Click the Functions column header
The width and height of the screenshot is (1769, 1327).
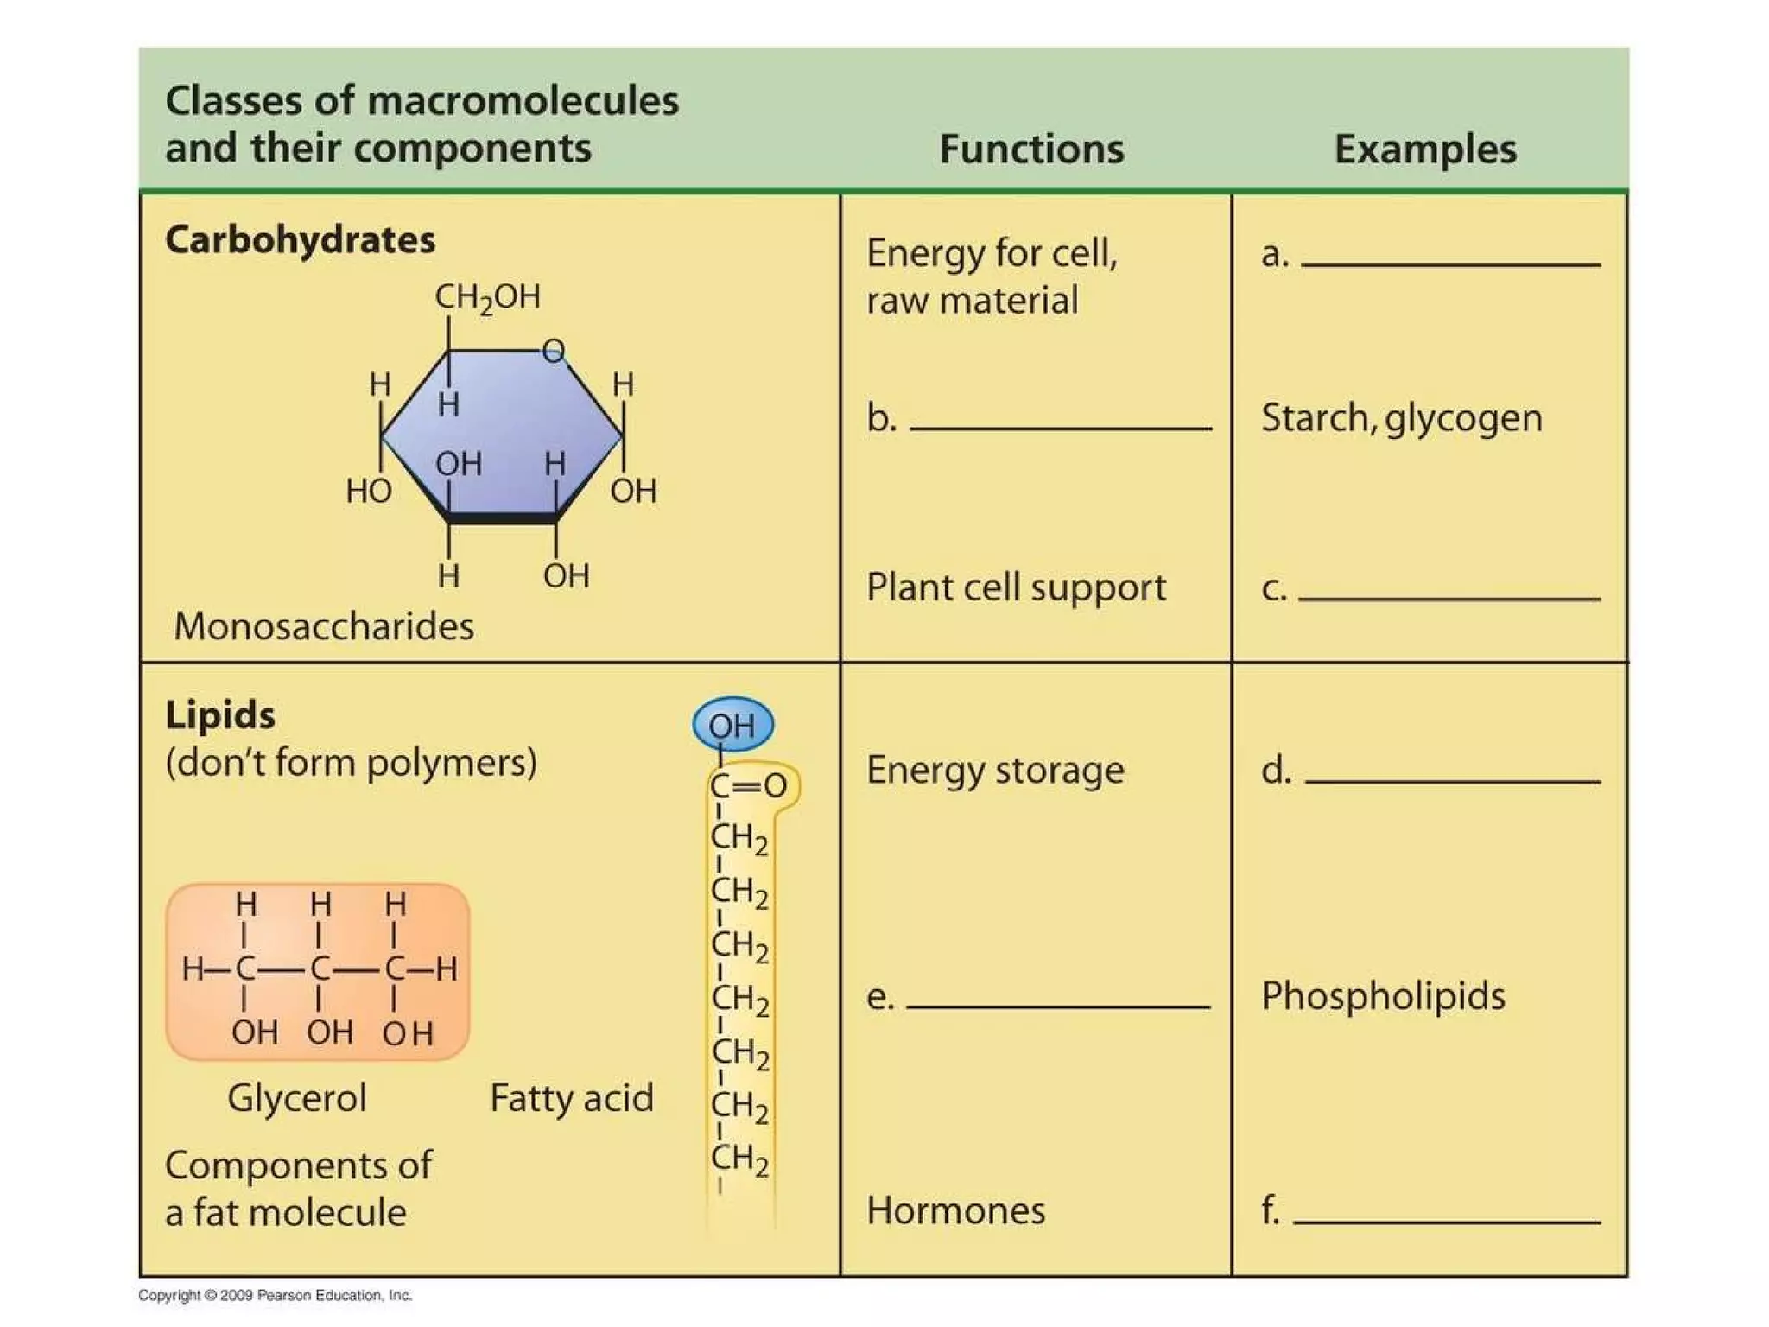pyautogui.click(x=1031, y=149)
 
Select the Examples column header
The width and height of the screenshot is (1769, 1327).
pyautogui.click(x=1425, y=149)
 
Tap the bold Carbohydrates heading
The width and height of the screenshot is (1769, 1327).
pyautogui.click(x=300, y=240)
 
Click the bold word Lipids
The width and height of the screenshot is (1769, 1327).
pyautogui.click(x=220, y=715)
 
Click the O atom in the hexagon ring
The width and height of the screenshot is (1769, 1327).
pyautogui.click(x=554, y=351)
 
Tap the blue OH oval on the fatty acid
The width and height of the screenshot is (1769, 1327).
pyautogui.click(x=732, y=725)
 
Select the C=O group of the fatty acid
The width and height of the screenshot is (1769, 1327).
pyautogui.click(x=748, y=785)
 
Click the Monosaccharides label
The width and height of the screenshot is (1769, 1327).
pyautogui.click(x=324, y=626)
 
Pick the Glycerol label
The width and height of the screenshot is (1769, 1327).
pyautogui.click(x=297, y=1098)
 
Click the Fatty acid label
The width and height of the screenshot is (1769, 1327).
pyautogui.click(x=572, y=1098)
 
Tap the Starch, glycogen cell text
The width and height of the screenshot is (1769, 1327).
pyautogui.click(x=1401, y=418)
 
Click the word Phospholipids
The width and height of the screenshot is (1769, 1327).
pyautogui.click(x=1383, y=996)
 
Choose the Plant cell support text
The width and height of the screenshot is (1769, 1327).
pyautogui.click(x=1016, y=587)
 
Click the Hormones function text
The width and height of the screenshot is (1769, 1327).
pyautogui.click(x=955, y=1210)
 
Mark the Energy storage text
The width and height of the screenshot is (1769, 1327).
pyautogui.click(x=995, y=770)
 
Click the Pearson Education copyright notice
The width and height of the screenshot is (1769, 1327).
pyautogui.click(x=276, y=1295)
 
